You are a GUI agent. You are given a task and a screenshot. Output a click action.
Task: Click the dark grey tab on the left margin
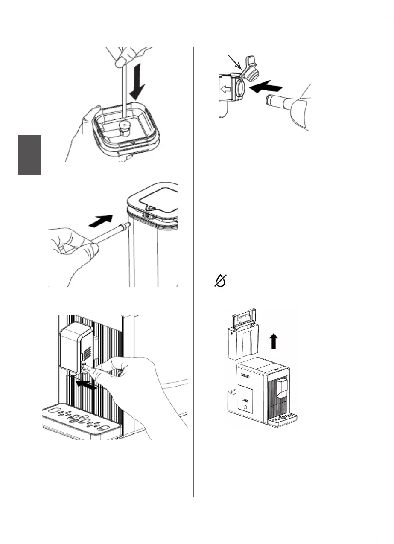pos(29,154)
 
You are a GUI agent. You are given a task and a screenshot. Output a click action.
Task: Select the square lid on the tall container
pos(153,200)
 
